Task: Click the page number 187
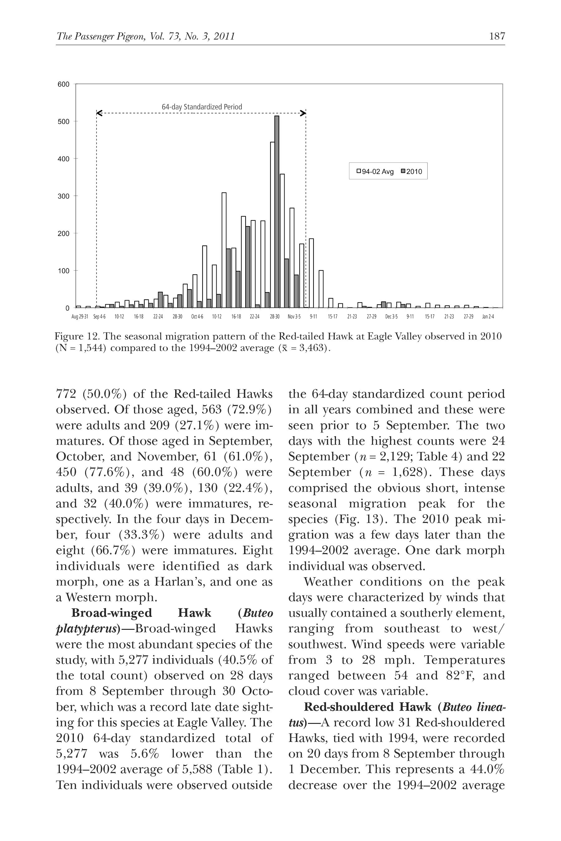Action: pyautogui.click(x=497, y=36)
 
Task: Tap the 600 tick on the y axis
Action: pyautogui.click(x=63, y=84)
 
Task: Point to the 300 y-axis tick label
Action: pyautogui.click(x=63, y=196)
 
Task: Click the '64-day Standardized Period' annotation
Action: pyautogui.click(x=202, y=107)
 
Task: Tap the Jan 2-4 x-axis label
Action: pyautogui.click(x=488, y=317)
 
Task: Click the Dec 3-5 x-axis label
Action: pyautogui.click(x=391, y=317)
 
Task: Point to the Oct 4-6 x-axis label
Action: pyautogui.click(x=197, y=317)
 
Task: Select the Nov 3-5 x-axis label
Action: pyautogui.click(x=294, y=317)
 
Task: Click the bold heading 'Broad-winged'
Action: pyautogui.click(x=112, y=613)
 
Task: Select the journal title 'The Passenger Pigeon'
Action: pyautogui.click(x=101, y=36)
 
